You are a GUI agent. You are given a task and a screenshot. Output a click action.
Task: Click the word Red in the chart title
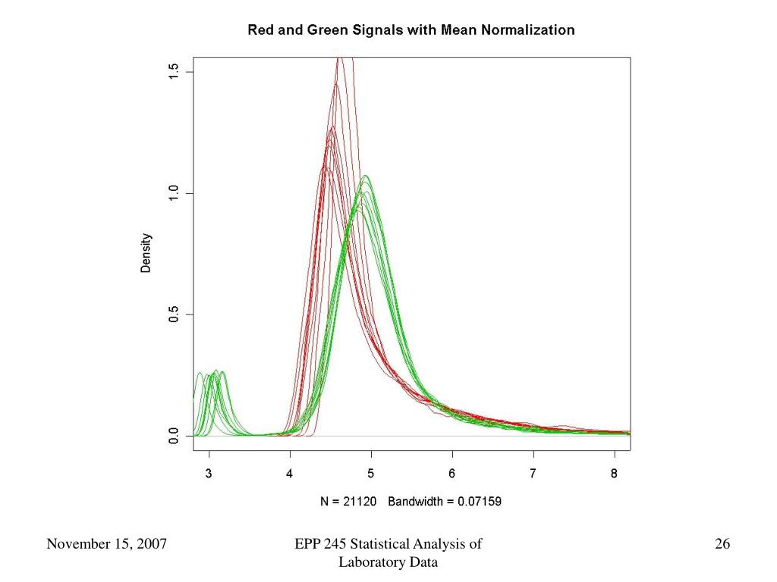tap(260, 31)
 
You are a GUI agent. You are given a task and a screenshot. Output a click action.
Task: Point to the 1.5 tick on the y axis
tap(174, 72)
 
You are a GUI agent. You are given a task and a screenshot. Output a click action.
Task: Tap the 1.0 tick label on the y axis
tap(174, 193)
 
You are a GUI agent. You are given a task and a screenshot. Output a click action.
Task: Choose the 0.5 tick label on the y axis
tap(174, 314)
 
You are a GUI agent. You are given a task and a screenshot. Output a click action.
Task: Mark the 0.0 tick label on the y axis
tap(174, 436)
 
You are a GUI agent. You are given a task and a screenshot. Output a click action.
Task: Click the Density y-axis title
tap(146, 253)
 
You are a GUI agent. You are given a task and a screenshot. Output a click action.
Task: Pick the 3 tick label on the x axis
tap(209, 474)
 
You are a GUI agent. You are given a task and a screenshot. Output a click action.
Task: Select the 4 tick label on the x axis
tap(290, 474)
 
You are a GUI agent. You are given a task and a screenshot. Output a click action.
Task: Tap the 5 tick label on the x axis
tap(371, 474)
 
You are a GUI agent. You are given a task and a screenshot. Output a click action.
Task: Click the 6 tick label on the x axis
tap(452, 474)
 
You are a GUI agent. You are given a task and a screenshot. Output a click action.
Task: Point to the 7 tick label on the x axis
tap(533, 474)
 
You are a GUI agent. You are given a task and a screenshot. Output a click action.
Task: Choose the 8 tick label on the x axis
tap(614, 474)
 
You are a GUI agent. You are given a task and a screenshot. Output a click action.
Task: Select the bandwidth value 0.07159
tap(474, 501)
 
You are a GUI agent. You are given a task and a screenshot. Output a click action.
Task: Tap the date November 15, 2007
tap(107, 544)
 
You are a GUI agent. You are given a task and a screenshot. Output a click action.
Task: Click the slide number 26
tap(722, 544)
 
